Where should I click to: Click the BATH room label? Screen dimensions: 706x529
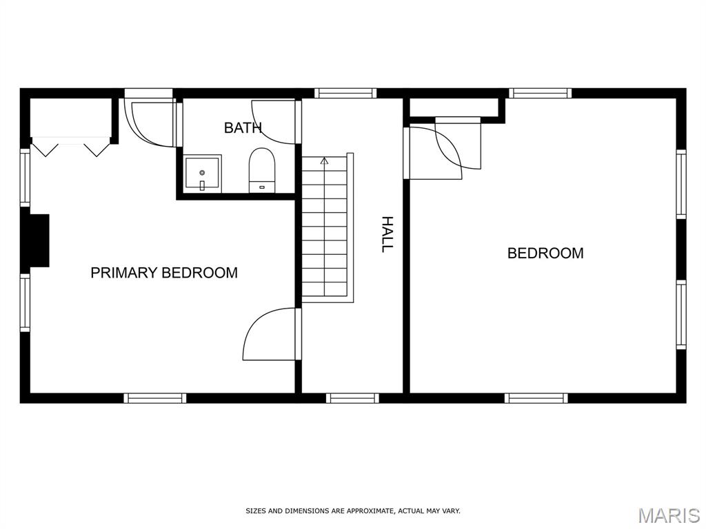[243, 127]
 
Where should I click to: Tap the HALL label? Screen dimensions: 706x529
[387, 234]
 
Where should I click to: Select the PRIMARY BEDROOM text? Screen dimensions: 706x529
[164, 273]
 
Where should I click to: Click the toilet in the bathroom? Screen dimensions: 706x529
[262, 171]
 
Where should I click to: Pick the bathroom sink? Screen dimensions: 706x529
[202, 173]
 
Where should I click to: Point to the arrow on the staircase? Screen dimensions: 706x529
[324, 160]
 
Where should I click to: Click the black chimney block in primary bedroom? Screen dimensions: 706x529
[39, 240]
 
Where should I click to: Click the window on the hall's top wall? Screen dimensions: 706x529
[345, 93]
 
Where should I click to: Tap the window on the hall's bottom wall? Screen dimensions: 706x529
[352, 398]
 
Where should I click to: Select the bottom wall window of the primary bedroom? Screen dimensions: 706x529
[155, 398]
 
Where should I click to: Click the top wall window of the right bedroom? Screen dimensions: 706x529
[541, 93]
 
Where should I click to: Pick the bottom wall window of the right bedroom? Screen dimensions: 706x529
[536, 398]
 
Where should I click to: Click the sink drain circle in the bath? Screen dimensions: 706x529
[202, 173]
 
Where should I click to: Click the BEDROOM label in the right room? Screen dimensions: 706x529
[546, 253]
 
